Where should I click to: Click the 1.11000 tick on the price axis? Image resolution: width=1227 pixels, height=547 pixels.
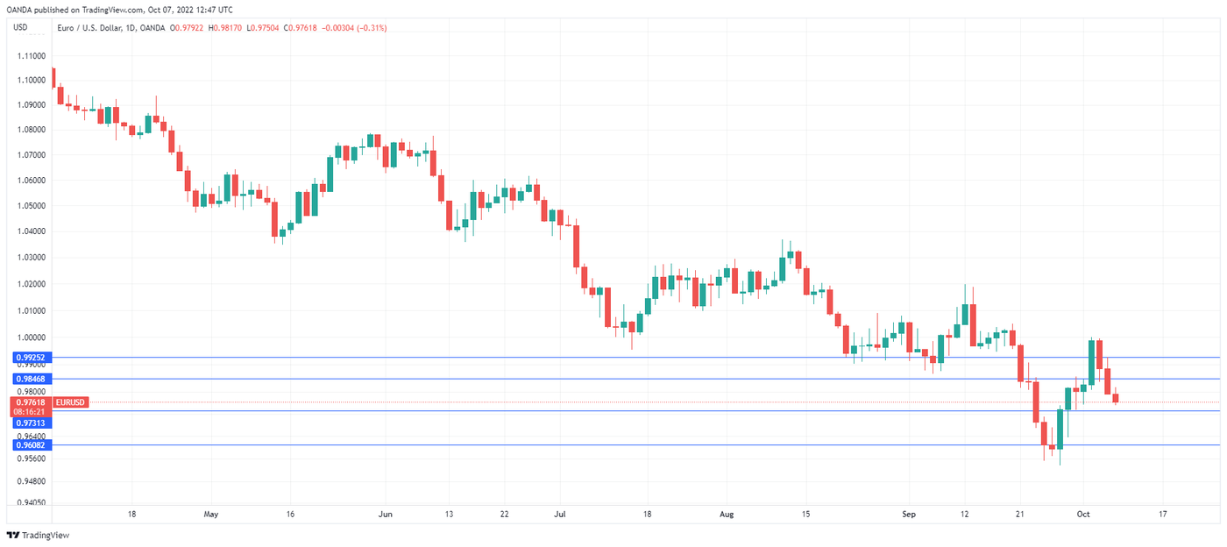tap(30, 54)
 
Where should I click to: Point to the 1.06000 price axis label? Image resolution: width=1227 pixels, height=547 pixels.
tap(30, 181)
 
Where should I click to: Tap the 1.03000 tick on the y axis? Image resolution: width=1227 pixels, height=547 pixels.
tap(30, 258)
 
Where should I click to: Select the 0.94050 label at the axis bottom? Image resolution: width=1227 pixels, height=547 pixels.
tap(30, 503)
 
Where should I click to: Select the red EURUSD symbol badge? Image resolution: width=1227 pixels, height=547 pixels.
tap(71, 401)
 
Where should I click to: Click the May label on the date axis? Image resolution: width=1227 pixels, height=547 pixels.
tap(209, 515)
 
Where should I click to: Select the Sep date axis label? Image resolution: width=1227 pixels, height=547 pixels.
tap(908, 515)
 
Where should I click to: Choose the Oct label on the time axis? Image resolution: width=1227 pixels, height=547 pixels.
tap(1082, 515)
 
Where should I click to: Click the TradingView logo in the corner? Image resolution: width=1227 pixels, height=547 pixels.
tap(38, 535)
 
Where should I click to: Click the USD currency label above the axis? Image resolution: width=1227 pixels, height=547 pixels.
tap(20, 27)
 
